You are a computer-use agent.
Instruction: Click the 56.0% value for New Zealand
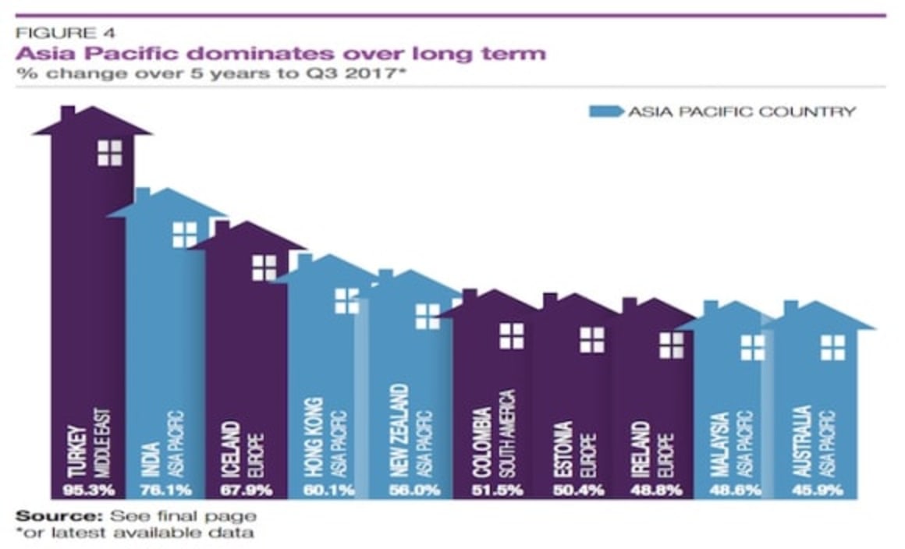click(x=413, y=491)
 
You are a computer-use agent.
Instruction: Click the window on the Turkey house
click(x=110, y=153)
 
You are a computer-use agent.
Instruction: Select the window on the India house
click(x=185, y=234)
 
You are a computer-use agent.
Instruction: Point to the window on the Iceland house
click(x=264, y=267)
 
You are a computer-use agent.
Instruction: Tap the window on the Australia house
click(x=832, y=347)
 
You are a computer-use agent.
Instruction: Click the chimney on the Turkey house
click(x=68, y=114)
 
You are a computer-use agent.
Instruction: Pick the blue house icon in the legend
click(x=607, y=112)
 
